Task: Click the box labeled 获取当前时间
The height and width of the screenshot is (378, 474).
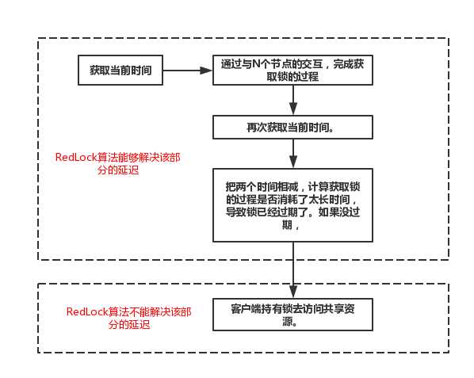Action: pos(120,71)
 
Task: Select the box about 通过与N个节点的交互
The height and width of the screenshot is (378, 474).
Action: pos(294,71)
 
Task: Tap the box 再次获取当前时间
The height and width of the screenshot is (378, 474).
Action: pos(294,128)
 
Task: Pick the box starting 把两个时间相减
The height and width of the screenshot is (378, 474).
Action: pos(294,205)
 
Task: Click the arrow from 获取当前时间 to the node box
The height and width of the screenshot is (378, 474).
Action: pos(187,71)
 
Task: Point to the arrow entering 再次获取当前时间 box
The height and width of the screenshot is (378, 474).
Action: pos(294,101)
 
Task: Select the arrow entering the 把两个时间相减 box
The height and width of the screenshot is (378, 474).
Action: pos(294,154)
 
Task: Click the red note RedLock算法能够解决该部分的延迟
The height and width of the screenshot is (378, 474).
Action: pos(123,163)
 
